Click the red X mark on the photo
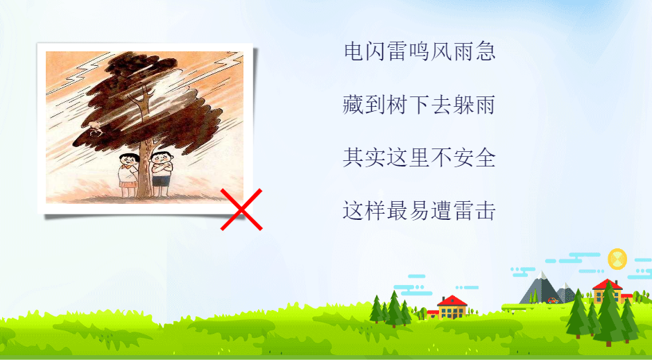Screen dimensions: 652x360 (241, 209)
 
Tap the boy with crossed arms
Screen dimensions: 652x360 (161, 173)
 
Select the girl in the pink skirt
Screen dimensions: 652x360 (128, 175)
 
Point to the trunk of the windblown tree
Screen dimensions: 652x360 (144, 166)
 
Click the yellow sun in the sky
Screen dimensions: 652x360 (617, 259)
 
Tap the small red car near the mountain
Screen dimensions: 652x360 (553, 300)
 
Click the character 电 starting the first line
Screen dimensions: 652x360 (354, 51)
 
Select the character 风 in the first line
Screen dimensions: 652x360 (441, 51)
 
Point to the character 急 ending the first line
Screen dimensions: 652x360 (486, 51)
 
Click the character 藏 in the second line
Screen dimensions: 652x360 (354, 104)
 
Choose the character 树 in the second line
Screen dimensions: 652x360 (397, 104)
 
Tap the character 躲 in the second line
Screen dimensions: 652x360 (463, 104)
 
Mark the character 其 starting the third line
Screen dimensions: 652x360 (354, 157)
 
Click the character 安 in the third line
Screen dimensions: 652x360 (463, 157)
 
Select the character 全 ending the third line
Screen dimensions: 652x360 (486, 157)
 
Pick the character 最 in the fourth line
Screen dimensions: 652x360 (397, 210)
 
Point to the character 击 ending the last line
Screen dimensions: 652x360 (486, 210)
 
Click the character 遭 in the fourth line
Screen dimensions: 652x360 (441, 210)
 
